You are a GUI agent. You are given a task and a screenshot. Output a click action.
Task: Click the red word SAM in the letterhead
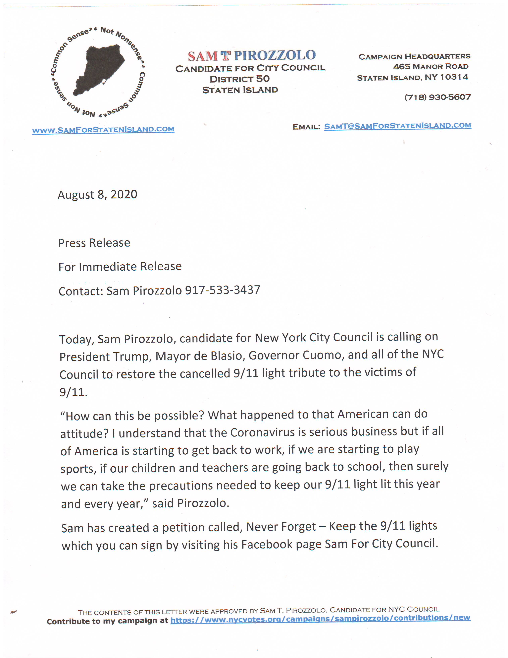(203, 56)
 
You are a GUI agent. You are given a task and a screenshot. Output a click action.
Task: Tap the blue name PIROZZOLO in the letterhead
(275, 55)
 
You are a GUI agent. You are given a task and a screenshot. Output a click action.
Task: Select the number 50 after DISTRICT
(263, 79)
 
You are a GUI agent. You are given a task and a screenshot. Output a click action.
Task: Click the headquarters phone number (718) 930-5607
(438, 97)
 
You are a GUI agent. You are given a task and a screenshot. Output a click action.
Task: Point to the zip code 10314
(454, 77)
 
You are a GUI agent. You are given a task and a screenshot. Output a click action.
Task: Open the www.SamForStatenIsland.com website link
(103, 130)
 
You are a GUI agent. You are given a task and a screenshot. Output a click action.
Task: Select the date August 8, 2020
(97, 195)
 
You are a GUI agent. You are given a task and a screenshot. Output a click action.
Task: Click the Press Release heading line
(94, 243)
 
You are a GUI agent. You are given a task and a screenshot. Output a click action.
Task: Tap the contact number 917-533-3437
(222, 290)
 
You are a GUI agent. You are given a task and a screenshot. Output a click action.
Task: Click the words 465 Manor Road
(431, 67)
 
